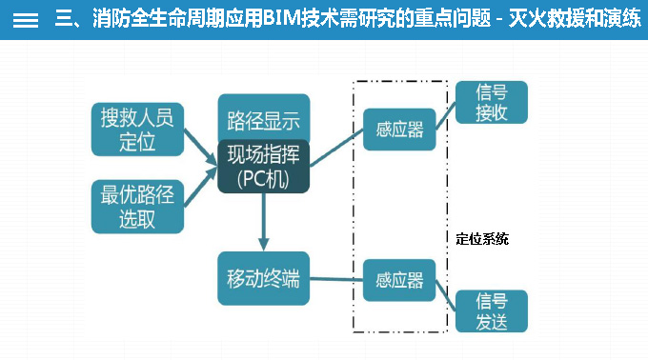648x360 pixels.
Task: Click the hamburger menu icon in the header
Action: pyautogui.click(x=26, y=20)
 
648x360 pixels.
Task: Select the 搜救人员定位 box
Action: pyautogui.click(x=137, y=130)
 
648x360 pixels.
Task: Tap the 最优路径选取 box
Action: pyautogui.click(x=137, y=207)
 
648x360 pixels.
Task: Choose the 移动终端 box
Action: pyautogui.click(x=263, y=278)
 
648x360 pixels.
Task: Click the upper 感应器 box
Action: pyautogui.click(x=399, y=130)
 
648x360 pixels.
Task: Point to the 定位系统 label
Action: pyautogui.click(x=482, y=239)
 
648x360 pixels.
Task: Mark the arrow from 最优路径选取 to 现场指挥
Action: pyautogui.click(x=200, y=189)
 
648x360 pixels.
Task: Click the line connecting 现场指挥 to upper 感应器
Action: pyautogui.click(x=336, y=150)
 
